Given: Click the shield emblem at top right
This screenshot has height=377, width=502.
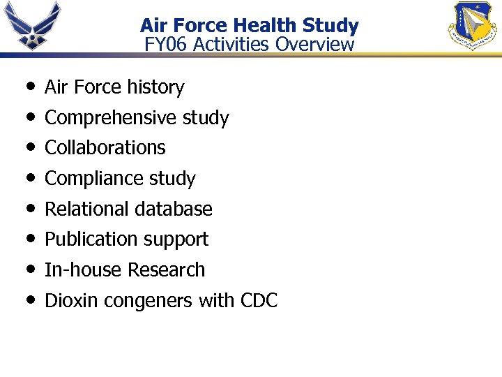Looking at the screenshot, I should [x=472, y=27].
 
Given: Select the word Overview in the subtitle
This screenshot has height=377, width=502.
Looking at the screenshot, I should [x=314, y=45].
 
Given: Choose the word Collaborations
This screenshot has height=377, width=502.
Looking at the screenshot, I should [x=105, y=148].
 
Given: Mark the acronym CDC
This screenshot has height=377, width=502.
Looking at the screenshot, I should [x=259, y=301].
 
